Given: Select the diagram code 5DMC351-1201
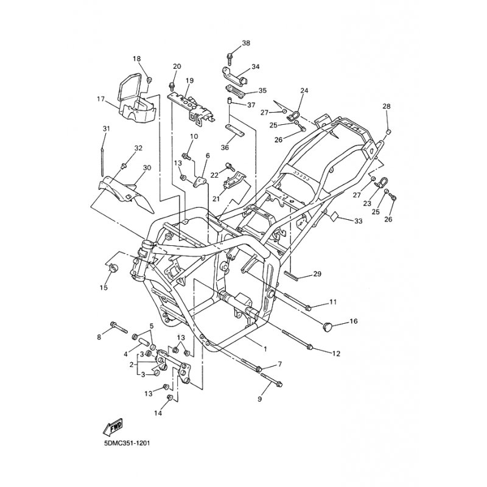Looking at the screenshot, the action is [x=128, y=443].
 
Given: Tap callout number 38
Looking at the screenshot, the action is [x=246, y=43].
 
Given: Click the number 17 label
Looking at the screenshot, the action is [x=100, y=99].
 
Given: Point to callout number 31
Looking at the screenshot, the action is [x=106, y=128].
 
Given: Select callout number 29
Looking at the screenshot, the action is [x=317, y=274].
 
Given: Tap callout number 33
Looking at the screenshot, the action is [x=358, y=221].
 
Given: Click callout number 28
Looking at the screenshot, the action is [x=387, y=106].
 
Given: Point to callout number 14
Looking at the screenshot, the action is [x=158, y=413].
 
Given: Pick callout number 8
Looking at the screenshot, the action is [x=99, y=337].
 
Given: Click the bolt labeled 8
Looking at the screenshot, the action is [x=119, y=328].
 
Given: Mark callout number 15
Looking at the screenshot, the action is [x=103, y=287].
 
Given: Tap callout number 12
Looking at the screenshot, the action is [x=337, y=354].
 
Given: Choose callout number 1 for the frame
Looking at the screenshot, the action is [x=265, y=349].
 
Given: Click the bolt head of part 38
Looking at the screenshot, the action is [x=229, y=56].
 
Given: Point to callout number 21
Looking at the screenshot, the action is [x=216, y=199].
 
